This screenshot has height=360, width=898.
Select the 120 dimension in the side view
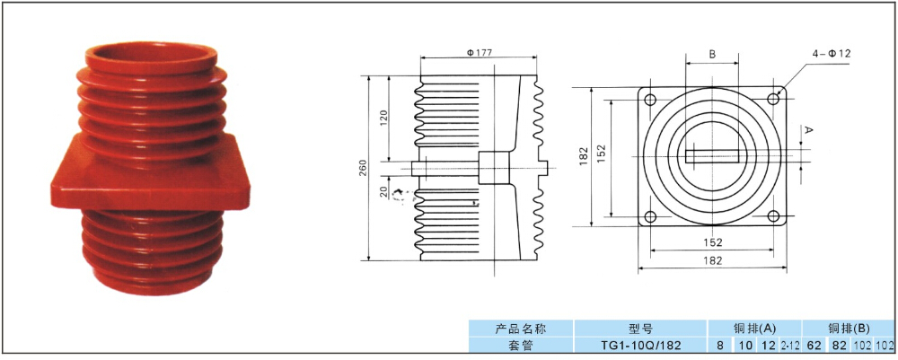coord(385,117)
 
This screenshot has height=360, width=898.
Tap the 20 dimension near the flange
coord(385,192)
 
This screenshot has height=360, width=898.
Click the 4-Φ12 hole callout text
coord(831,54)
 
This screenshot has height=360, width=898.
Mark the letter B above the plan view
coord(712,55)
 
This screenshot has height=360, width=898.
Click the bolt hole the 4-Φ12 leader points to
coord(775,98)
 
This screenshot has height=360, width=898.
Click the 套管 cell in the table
coord(521,345)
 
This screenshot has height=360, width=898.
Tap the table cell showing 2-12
coord(790,345)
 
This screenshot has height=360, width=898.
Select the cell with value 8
coord(720,345)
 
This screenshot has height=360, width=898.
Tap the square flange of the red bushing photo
coord(144,180)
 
